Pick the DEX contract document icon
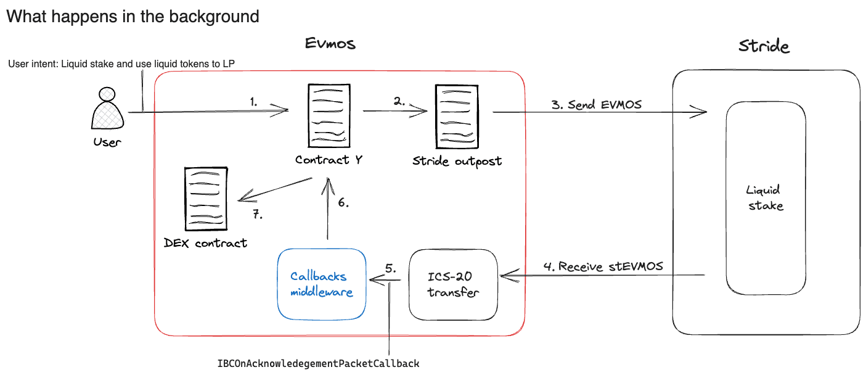pyautogui.click(x=206, y=197)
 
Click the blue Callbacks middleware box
pyautogui.click(x=321, y=284)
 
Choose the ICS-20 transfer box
pyautogui.click(x=453, y=284)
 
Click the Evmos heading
pyautogui.click(x=330, y=44)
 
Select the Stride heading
pyautogui.click(x=764, y=46)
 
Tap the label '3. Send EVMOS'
pyautogui.click(x=596, y=104)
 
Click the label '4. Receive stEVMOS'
pyautogui.click(x=603, y=266)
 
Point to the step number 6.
pyautogui.click(x=343, y=203)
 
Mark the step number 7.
pyautogui.click(x=258, y=215)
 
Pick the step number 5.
pyautogui.click(x=390, y=268)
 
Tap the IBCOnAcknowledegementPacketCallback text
pyautogui.click(x=318, y=363)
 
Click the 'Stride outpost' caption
pyautogui.click(x=457, y=162)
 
